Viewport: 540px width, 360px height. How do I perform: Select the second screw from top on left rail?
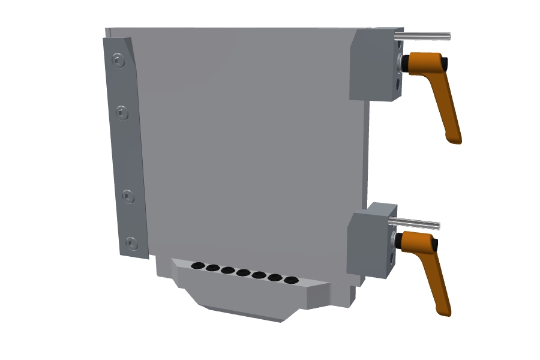point(122,112)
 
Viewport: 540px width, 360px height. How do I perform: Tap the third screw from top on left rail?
point(128,196)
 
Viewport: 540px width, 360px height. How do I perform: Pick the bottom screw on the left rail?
point(131,243)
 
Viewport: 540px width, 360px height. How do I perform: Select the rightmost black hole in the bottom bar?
point(290,280)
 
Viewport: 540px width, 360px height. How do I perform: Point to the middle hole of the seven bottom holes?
point(243,272)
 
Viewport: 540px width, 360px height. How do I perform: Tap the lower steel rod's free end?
point(438,226)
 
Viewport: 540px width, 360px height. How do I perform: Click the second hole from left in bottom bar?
point(212,267)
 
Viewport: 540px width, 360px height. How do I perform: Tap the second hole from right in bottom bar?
point(275,277)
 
